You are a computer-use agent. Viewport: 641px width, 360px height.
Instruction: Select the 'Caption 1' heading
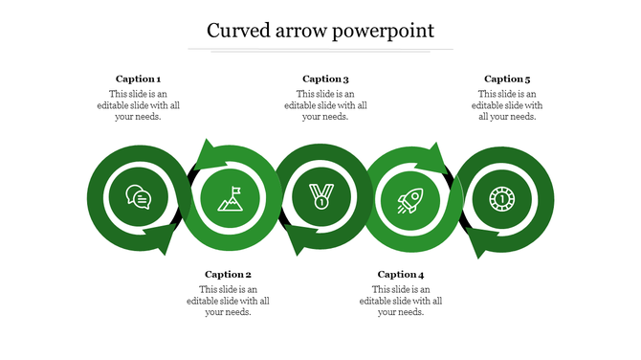[x=138, y=79]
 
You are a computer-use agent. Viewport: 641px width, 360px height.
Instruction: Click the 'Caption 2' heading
[x=228, y=275]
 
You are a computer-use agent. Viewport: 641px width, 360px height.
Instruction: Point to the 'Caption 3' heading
[x=325, y=79]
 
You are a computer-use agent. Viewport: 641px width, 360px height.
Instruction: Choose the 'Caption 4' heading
[x=401, y=275]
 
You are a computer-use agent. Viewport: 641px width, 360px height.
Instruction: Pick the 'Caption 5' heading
[x=507, y=79]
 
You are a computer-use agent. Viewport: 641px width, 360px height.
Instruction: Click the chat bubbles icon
[x=138, y=198]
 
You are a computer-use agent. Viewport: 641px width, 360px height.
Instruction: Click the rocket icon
[x=409, y=201]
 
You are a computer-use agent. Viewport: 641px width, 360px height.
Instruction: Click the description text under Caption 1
[x=138, y=105]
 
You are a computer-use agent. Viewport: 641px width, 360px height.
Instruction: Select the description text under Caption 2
[x=228, y=301]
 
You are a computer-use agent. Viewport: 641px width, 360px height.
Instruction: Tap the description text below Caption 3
[x=325, y=105]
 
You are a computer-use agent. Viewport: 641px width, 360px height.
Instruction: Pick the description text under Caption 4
[x=401, y=301]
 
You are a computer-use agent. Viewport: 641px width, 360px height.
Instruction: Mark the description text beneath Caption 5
[x=507, y=105]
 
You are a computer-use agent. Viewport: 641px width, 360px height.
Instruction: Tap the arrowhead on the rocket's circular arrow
[x=436, y=155]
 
